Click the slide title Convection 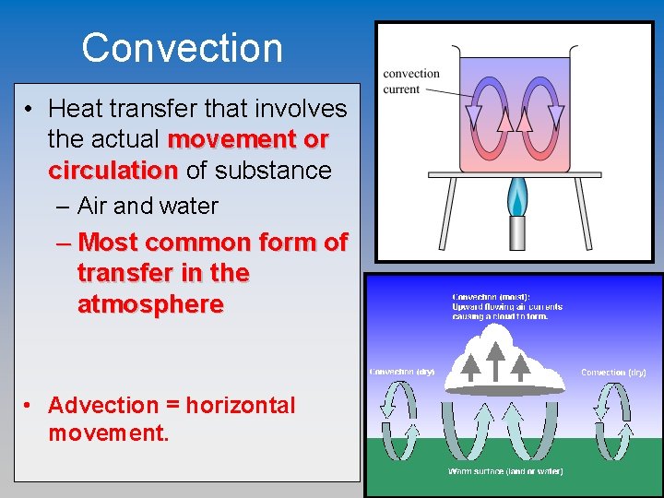[x=182, y=48]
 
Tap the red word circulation [x=113, y=171]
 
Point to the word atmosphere [x=150, y=304]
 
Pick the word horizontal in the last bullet [x=237, y=406]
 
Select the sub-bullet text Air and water [x=148, y=206]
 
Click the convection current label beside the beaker [x=411, y=81]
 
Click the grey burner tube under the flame [x=517, y=232]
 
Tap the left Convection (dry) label [x=402, y=372]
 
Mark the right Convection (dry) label [x=613, y=373]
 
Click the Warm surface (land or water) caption [x=505, y=471]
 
